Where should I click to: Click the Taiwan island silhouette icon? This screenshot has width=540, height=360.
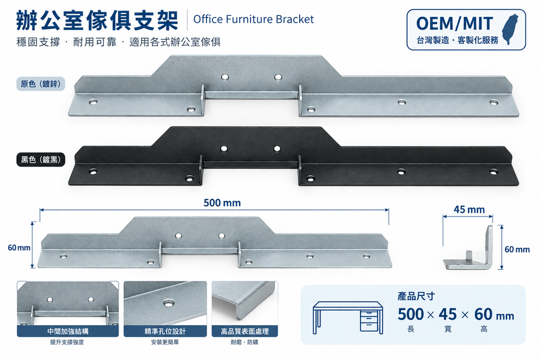click(510, 29)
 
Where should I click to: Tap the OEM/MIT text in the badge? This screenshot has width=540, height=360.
click(454, 24)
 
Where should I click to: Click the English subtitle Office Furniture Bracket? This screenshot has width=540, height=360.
click(254, 19)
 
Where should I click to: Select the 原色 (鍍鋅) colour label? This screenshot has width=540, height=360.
click(40, 84)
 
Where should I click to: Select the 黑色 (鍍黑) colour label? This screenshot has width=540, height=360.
click(40, 160)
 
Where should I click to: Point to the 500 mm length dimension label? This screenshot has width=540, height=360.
click(222, 202)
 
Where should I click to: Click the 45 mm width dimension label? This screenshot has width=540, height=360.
click(469, 209)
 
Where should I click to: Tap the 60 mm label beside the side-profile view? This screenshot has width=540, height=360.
click(517, 249)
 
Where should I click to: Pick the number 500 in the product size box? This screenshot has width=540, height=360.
click(411, 314)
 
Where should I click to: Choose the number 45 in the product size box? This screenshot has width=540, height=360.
click(448, 314)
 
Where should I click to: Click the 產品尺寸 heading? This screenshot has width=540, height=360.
click(416, 296)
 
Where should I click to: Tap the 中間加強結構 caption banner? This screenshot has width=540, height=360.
click(68, 331)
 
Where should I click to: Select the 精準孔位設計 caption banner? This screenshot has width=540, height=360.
click(165, 331)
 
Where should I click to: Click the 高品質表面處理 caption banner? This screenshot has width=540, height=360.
click(245, 331)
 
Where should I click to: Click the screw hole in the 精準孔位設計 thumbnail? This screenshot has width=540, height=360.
click(169, 303)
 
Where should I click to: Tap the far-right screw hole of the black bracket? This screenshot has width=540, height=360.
click(493, 171)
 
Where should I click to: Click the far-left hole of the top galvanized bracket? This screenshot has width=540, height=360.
click(93, 102)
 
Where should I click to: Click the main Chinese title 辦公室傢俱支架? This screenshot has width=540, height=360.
click(97, 20)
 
